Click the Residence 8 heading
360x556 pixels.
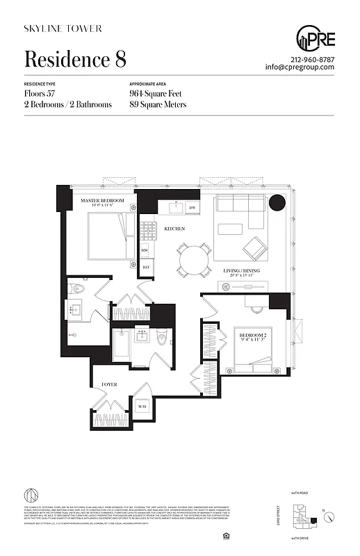coord(75,59)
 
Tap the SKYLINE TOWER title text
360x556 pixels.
coord(63,28)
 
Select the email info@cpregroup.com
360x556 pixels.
coord(300,67)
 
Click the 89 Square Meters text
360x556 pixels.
coord(158,105)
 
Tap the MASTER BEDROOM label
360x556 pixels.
coord(101,201)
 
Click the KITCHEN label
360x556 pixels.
coord(174,229)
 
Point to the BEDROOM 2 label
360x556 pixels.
coord(254,336)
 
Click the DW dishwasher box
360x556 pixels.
coord(193,208)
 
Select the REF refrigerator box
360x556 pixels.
coord(146,267)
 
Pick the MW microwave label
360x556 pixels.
coord(145,250)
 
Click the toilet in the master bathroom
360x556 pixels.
coord(78,288)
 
